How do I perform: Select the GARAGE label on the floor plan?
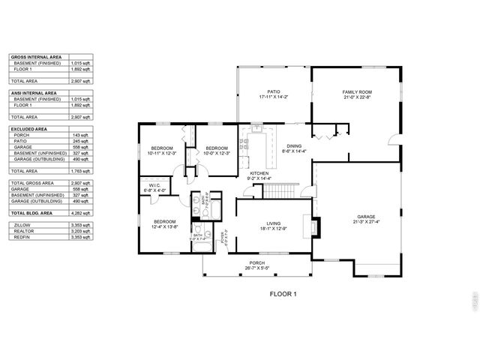365,217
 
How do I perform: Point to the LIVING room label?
274,223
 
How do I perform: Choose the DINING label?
293,148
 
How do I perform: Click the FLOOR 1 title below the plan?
283,295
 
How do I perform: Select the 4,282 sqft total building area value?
80,213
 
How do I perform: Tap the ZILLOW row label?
22,224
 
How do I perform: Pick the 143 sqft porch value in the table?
81,135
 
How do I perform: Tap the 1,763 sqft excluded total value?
80,171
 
